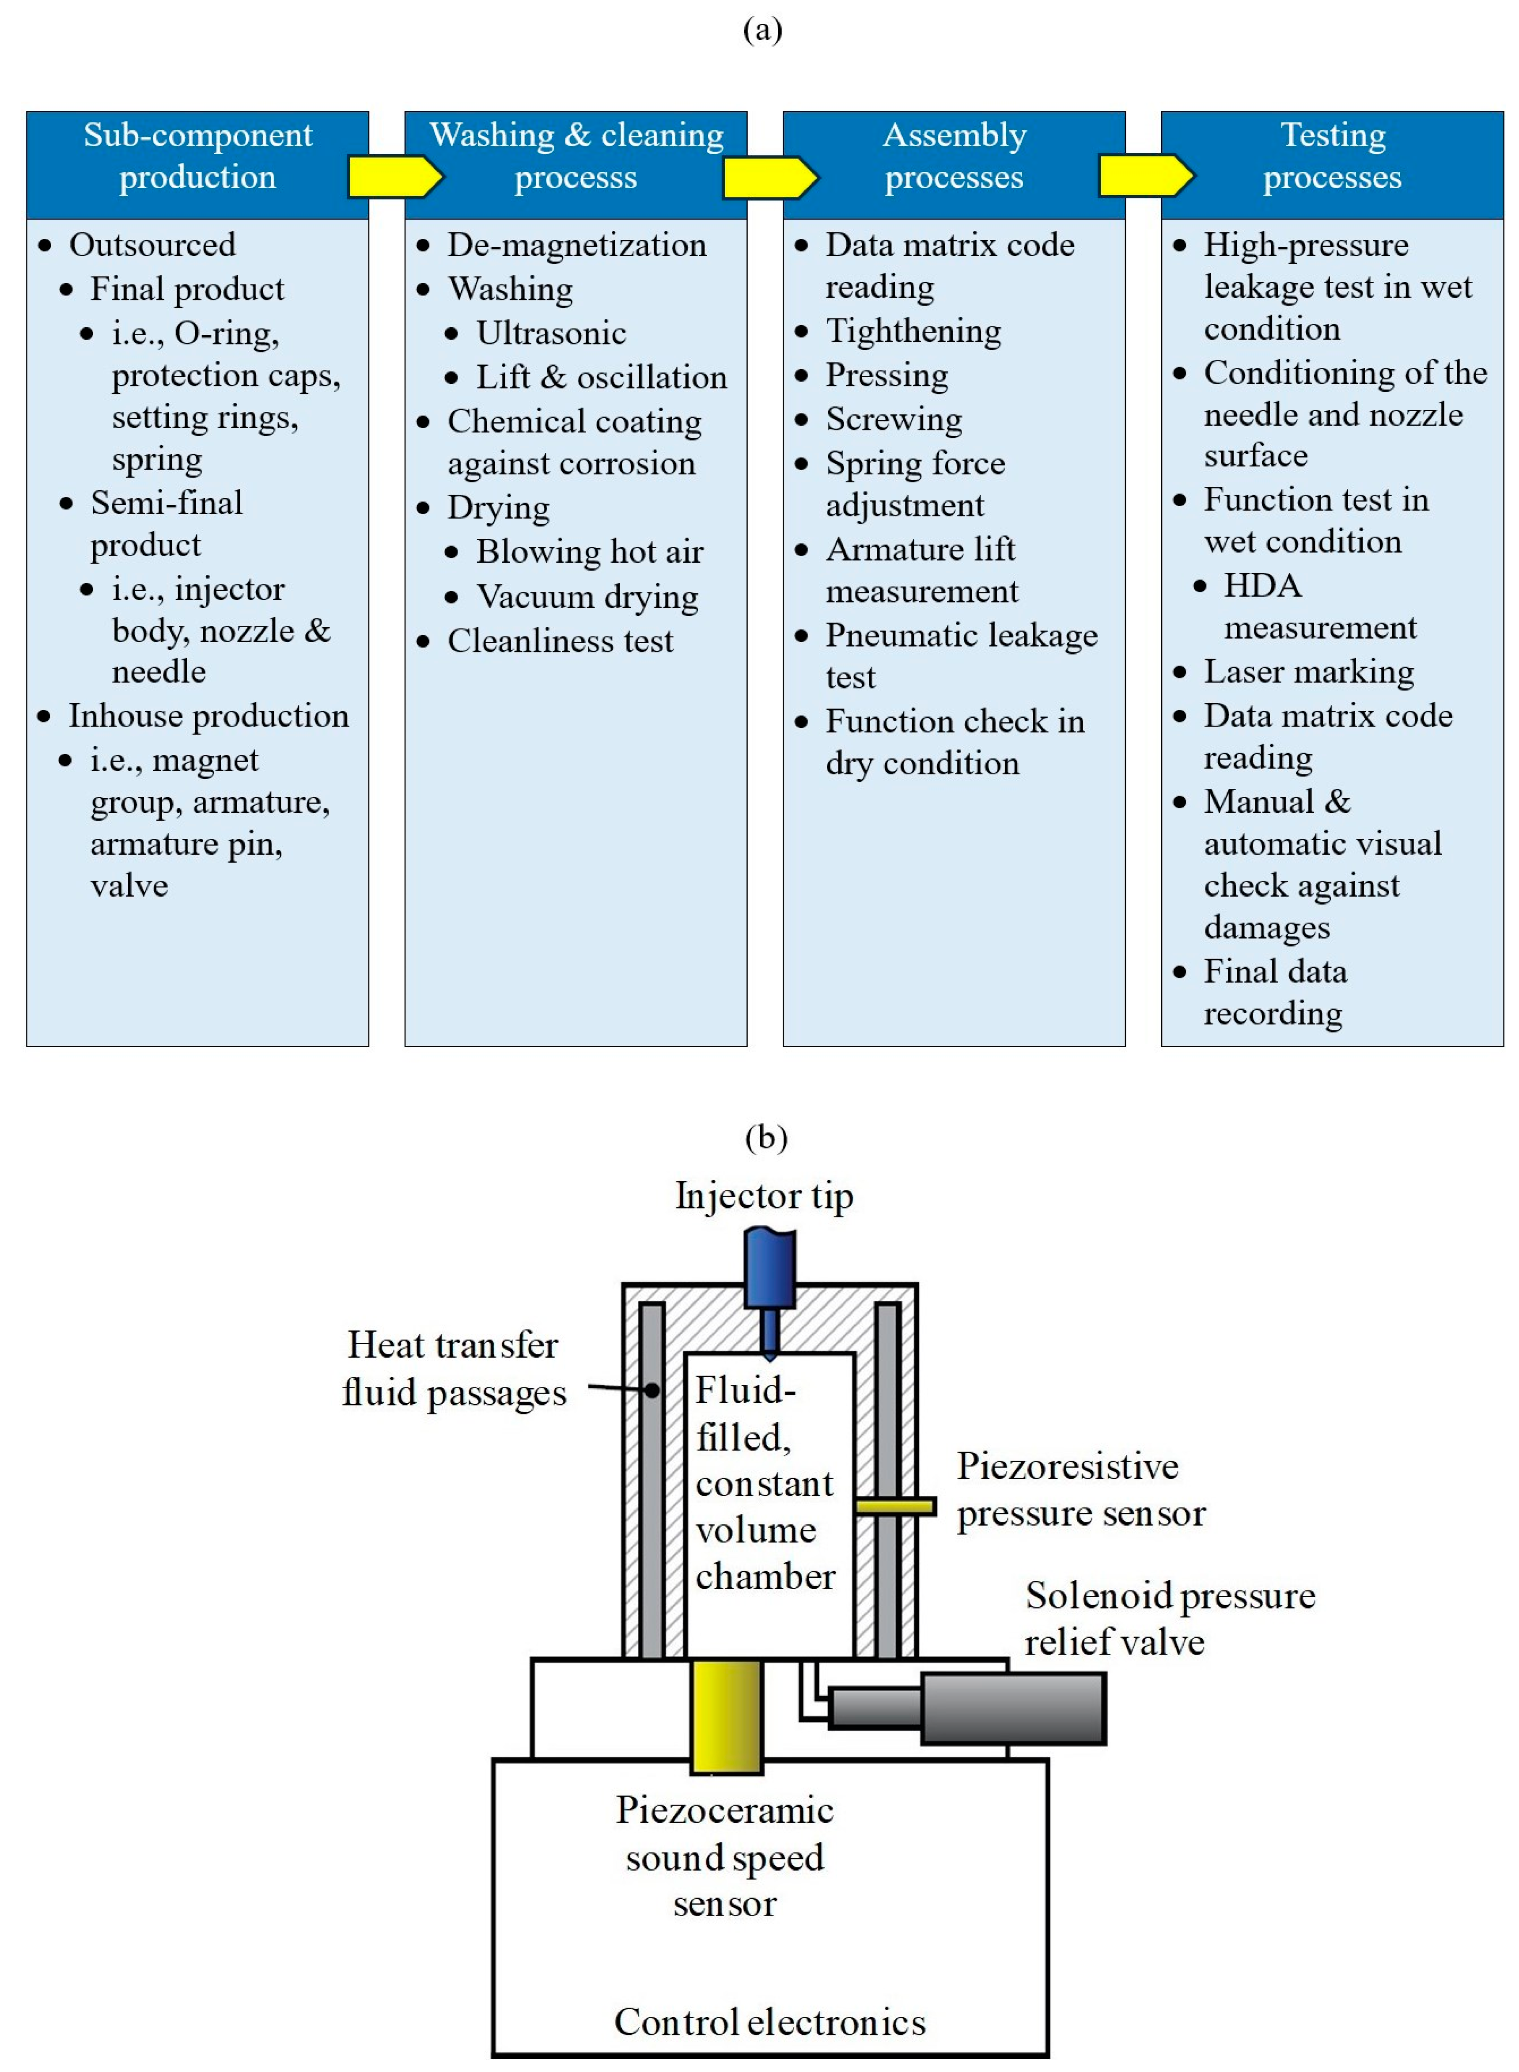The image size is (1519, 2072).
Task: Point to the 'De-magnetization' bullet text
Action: [x=576, y=246]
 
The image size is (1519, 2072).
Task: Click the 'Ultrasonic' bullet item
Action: [x=551, y=333]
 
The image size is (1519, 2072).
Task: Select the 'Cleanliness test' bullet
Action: [x=560, y=641]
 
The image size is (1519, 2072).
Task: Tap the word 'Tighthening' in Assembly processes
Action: [x=913, y=331]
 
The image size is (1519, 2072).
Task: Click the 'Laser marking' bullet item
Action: [x=1308, y=672]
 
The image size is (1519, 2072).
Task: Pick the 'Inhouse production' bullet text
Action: [x=209, y=716]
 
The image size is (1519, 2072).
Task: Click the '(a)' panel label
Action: [x=762, y=30]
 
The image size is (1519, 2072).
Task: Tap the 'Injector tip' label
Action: [x=764, y=1196]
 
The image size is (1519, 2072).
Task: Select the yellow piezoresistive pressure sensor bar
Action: [x=895, y=1506]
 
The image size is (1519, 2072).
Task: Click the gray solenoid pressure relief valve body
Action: [x=1011, y=1708]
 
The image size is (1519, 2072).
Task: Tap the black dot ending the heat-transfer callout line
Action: [x=651, y=1390]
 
